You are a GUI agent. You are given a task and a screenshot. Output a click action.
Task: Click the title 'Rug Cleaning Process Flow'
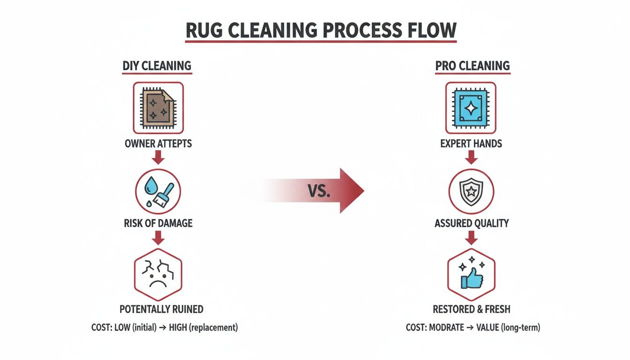pyautogui.click(x=321, y=30)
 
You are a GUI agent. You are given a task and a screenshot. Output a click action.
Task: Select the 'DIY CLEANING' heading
pyautogui.click(x=157, y=65)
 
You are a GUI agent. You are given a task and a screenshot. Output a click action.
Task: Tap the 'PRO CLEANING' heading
pyautogui.click(x=472, y=65)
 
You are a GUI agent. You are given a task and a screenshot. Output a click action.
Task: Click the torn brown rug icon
pyautogui.click(x=158, y=108)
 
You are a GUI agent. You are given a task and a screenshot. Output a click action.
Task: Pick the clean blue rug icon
pyautogui.click(x=471, y=108)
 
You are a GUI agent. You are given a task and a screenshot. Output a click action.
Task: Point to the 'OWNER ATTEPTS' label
pyautogui.click(x=158, y=143)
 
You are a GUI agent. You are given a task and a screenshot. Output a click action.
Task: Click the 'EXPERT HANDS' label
pyautogui.click(x=471, y=143)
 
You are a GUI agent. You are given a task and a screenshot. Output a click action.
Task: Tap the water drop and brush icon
pyautogui.click(x=158, y=192)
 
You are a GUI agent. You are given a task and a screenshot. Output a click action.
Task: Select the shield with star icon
pyautogui.click(x=471, y=192)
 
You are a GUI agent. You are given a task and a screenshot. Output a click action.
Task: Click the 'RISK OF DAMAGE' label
pyautogui.click(x=158, y=223)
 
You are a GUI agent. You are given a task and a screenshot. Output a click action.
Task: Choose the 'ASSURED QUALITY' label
pyautogui.click(x=472, y=223)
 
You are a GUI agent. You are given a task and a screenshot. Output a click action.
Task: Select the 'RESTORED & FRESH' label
pyautogui.click(x=472, y=309)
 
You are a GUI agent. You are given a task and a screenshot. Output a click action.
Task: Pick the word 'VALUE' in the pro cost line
pyautogui.click(x=487, y=328)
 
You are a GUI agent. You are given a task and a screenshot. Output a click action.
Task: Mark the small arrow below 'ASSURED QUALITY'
pyautogui.click(x=471, y=239)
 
